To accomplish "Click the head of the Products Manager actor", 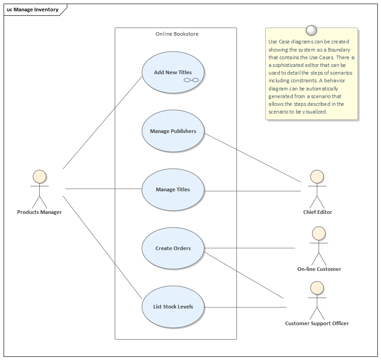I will click(39, 177).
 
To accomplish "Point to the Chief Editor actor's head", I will click(317, 177).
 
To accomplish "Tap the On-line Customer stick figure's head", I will click(319, 233).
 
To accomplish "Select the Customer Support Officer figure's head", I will click(317, 288).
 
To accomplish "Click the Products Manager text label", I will click(39, 212).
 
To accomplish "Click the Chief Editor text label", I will click(317, 212).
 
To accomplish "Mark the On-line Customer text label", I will click(319, 269).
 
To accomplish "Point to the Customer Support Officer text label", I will click(317, 323).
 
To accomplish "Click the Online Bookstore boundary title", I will click(177, 34).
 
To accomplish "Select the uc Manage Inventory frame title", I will click(33, 9).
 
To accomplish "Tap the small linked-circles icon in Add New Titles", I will click(191, 80).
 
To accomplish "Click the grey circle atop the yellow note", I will click(311, 30).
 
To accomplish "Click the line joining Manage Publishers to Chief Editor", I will click(253, 156).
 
